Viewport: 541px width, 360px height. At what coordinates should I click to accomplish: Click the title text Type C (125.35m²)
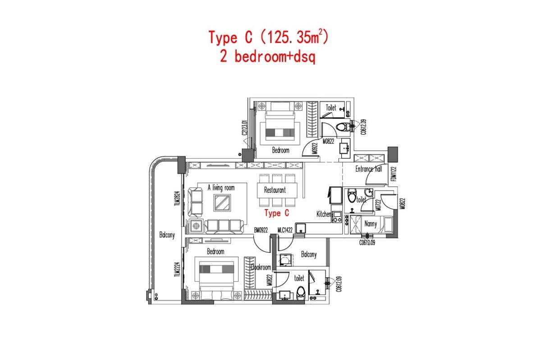click(x=268, y=37)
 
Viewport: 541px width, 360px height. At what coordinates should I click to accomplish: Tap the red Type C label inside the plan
click(x=276, y=213)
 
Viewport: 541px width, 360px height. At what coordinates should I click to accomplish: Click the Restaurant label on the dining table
click(x=275, y=190)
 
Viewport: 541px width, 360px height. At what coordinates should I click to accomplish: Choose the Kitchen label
click(x=324, y=214)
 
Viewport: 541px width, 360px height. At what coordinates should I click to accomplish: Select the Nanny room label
click(x=371, y=223)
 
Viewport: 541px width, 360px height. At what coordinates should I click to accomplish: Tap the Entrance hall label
click(x=369, y=169)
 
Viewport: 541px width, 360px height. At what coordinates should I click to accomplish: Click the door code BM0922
click(x=261, y=230)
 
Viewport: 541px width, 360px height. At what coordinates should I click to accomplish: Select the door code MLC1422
click(x=285, y=230)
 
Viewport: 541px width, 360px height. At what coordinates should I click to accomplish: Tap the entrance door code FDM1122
click(x=393, y=175)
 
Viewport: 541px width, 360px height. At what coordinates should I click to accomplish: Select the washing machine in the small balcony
click(x=285, y=260)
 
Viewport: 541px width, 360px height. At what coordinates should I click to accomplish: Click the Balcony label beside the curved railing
click(x=167, y=235)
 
